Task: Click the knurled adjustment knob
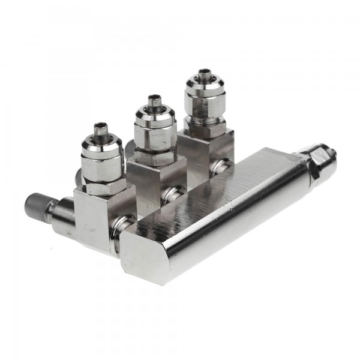coord(37,203)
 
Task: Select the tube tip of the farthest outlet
coord(203,74)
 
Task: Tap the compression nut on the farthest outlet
coord(204,99)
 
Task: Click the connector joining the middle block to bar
coord(174,193)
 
